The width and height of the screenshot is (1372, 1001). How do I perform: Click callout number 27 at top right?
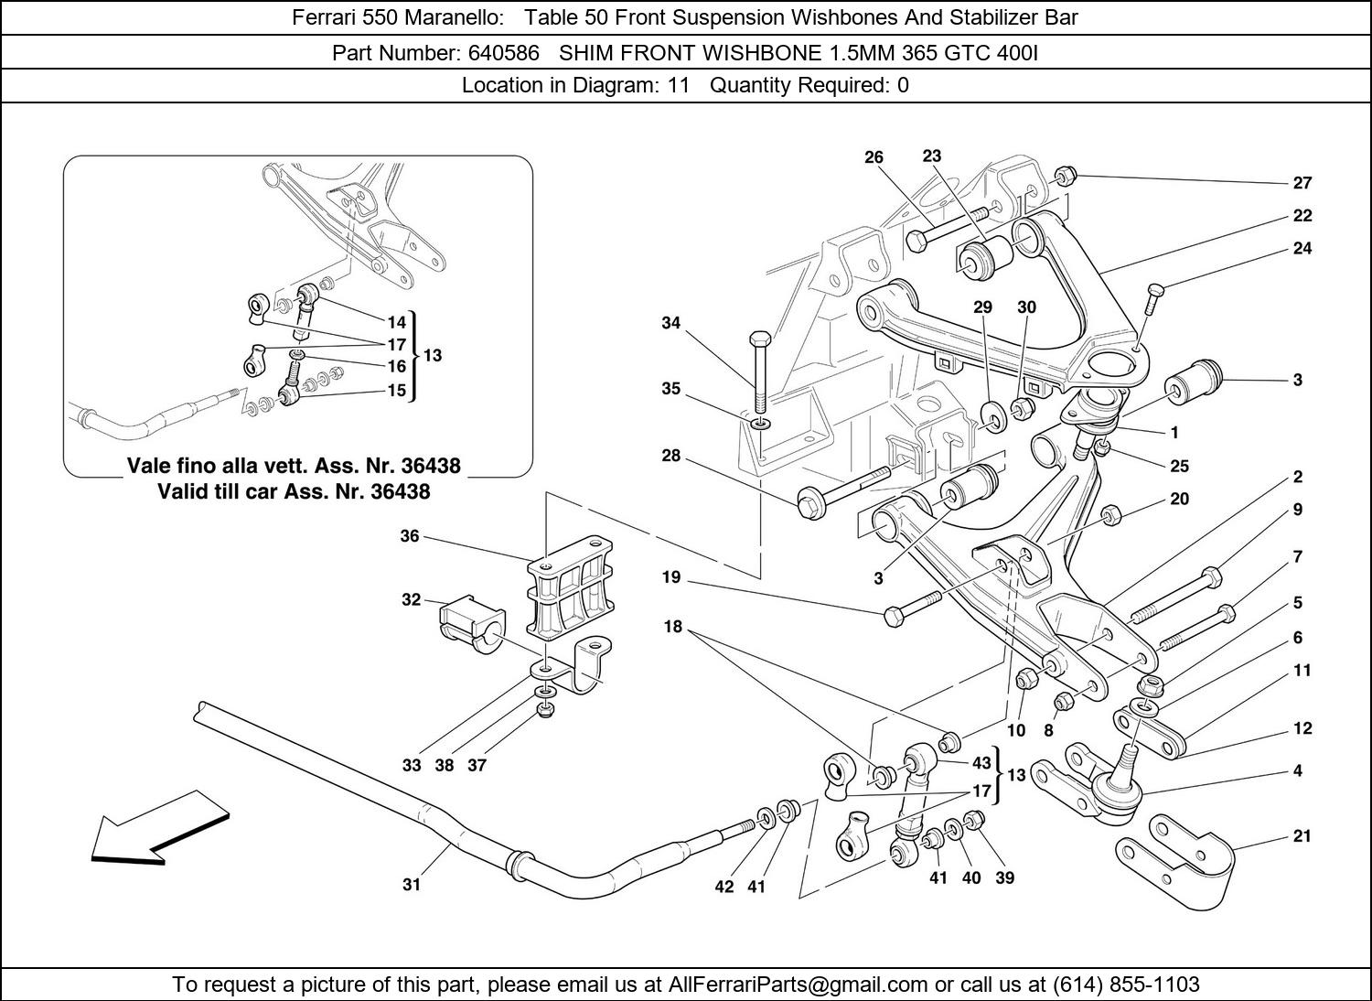[1302, 183]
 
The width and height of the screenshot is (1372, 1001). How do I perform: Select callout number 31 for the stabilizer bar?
[412, 885]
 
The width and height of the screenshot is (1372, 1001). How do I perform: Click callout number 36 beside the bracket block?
[409, 536]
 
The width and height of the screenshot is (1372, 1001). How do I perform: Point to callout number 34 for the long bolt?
[671, 323]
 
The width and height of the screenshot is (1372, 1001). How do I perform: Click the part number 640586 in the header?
[503, 53]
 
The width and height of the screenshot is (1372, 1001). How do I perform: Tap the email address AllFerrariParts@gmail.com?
[799, 985]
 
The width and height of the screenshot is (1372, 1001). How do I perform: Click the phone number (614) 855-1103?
[1126, 985]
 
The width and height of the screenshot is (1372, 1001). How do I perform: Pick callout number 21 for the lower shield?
[1302, 835]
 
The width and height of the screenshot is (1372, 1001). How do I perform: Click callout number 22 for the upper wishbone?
[1302, 216]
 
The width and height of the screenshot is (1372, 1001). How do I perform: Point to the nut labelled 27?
[1065, 175]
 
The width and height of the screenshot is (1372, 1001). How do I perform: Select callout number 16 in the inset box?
[396, 366]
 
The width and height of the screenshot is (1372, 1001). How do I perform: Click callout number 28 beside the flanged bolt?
[671, 455]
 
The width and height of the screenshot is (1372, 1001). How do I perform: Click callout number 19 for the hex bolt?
[671, 577]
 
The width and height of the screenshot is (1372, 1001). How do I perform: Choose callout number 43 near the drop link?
[981, 763]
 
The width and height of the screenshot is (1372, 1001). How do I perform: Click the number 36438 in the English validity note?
[400, 491]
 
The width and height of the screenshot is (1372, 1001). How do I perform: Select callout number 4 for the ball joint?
[1297, 771]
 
